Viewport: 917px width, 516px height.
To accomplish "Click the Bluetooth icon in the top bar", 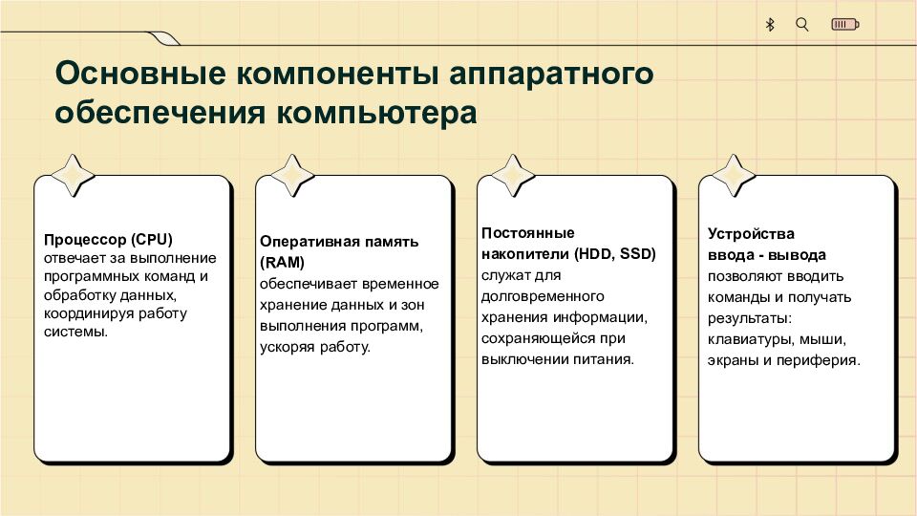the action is (x=770, y=25).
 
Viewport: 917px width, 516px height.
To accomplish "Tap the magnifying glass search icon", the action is (x=802, y=25).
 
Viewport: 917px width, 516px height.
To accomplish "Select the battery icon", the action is (x=845, y=25).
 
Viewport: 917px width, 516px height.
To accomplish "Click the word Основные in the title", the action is (x=140, y=74).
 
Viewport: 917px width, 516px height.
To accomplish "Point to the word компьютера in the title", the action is (x=376, y=113).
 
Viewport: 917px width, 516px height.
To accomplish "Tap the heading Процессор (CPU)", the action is (x=108, y=240).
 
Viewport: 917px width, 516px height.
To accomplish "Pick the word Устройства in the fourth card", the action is (x=751, y=234).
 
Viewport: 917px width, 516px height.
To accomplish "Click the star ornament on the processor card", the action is (x=73, y=176).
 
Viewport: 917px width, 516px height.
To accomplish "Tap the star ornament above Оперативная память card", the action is (x=292, y=176).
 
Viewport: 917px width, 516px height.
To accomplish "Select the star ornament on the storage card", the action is (x=513, y=176).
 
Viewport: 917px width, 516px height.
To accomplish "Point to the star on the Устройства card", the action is (x=734, y=176).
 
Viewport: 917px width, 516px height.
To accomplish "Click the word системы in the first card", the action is (x=76, y=333).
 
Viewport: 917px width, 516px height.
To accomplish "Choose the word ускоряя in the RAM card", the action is (x=288, y=348).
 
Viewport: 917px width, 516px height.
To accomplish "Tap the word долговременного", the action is (x=543, y=296).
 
